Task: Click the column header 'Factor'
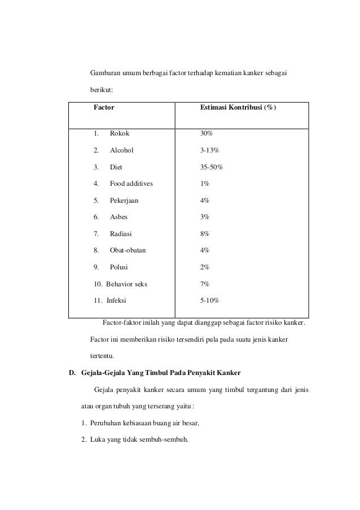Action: point(104,107)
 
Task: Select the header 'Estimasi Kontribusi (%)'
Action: point(238,107)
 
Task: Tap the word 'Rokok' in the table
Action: point(119,134)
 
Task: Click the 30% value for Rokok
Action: point(207,134)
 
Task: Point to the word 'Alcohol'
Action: point(122,151)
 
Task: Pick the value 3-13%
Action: point(210,151)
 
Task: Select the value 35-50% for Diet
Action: point(212,167)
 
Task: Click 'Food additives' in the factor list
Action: point(131,184)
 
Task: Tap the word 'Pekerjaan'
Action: point(124,200)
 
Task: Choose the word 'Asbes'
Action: point(118,217)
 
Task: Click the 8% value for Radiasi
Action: point(205,234)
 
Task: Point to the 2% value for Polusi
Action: point(205,267)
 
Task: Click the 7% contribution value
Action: point(205,284)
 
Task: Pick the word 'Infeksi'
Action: point(117,300)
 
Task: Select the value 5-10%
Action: point(210,300)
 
